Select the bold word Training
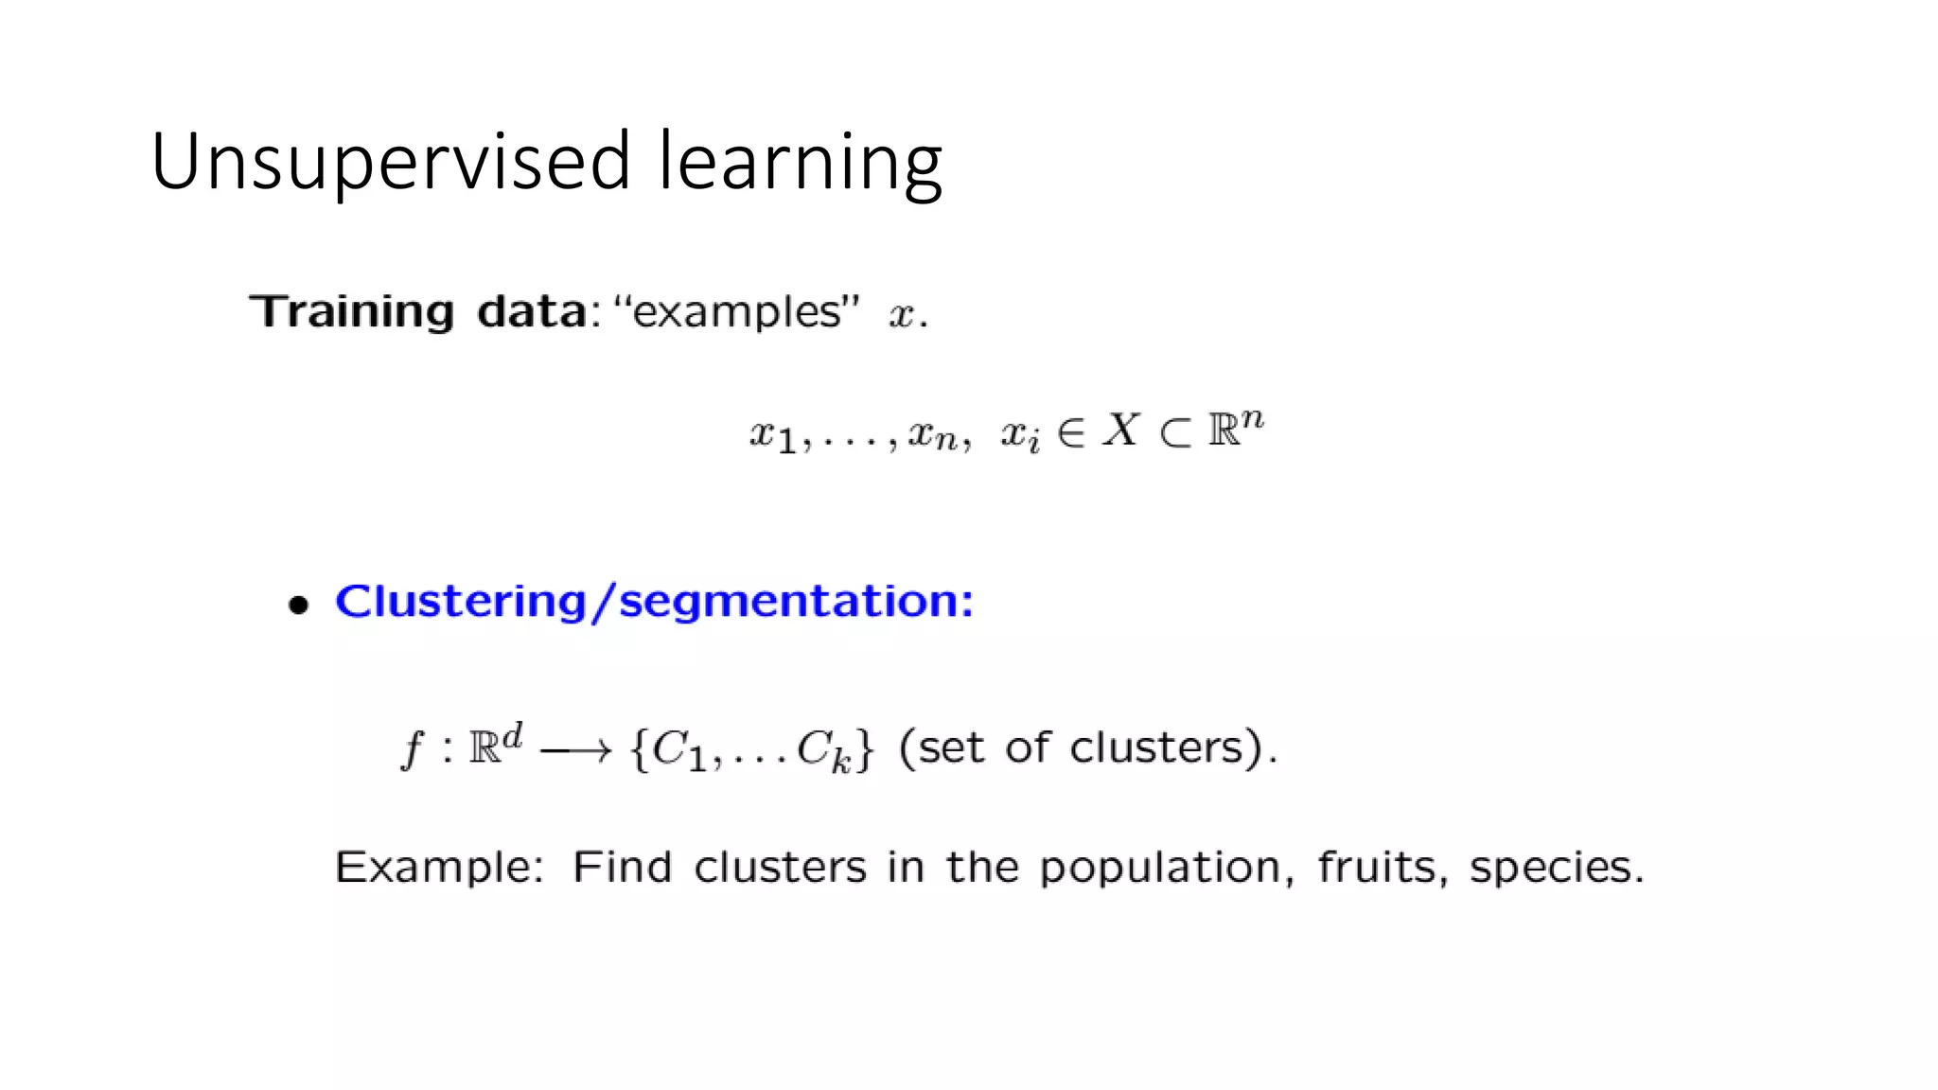351,312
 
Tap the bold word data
532,312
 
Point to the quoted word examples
736,312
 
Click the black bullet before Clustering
299,605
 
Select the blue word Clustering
461,602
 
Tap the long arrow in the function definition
575,751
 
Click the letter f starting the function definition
413,749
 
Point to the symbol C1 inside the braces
678,751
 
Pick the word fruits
1376,867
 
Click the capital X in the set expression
1121,431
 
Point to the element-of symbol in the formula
1070,433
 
